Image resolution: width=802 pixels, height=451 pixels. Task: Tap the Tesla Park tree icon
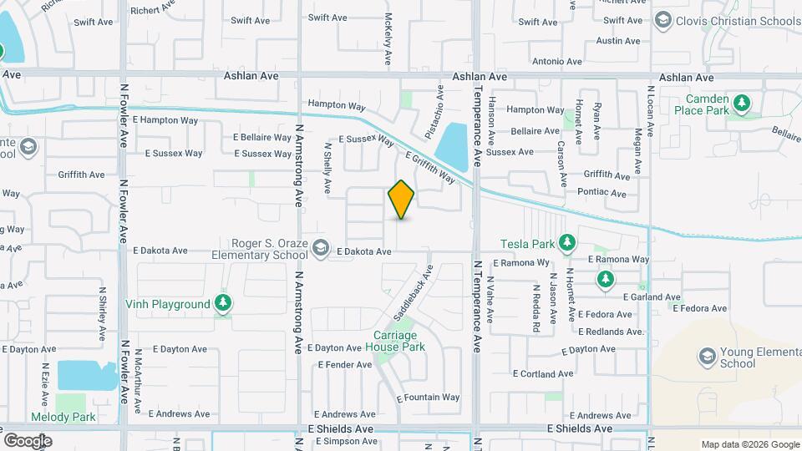[567, 243]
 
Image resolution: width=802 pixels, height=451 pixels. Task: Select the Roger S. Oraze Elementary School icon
[320, 247]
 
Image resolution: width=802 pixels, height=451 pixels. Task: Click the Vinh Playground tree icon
[222, 303]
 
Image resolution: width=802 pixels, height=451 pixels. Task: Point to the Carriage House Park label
[399, 341]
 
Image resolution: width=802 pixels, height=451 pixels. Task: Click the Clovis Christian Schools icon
[663, 20]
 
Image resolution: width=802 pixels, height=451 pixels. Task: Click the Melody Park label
[63, 417]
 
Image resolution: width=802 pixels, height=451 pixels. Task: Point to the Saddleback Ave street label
[414, 295]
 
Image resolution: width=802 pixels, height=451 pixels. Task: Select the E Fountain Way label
[428, 398]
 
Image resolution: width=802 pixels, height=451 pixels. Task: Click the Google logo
[28, 440]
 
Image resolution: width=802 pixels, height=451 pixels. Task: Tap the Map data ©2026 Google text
[749, 444]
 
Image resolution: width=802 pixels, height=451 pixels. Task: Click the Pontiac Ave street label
[601, 193]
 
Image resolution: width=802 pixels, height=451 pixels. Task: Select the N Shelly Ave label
[327, 166]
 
